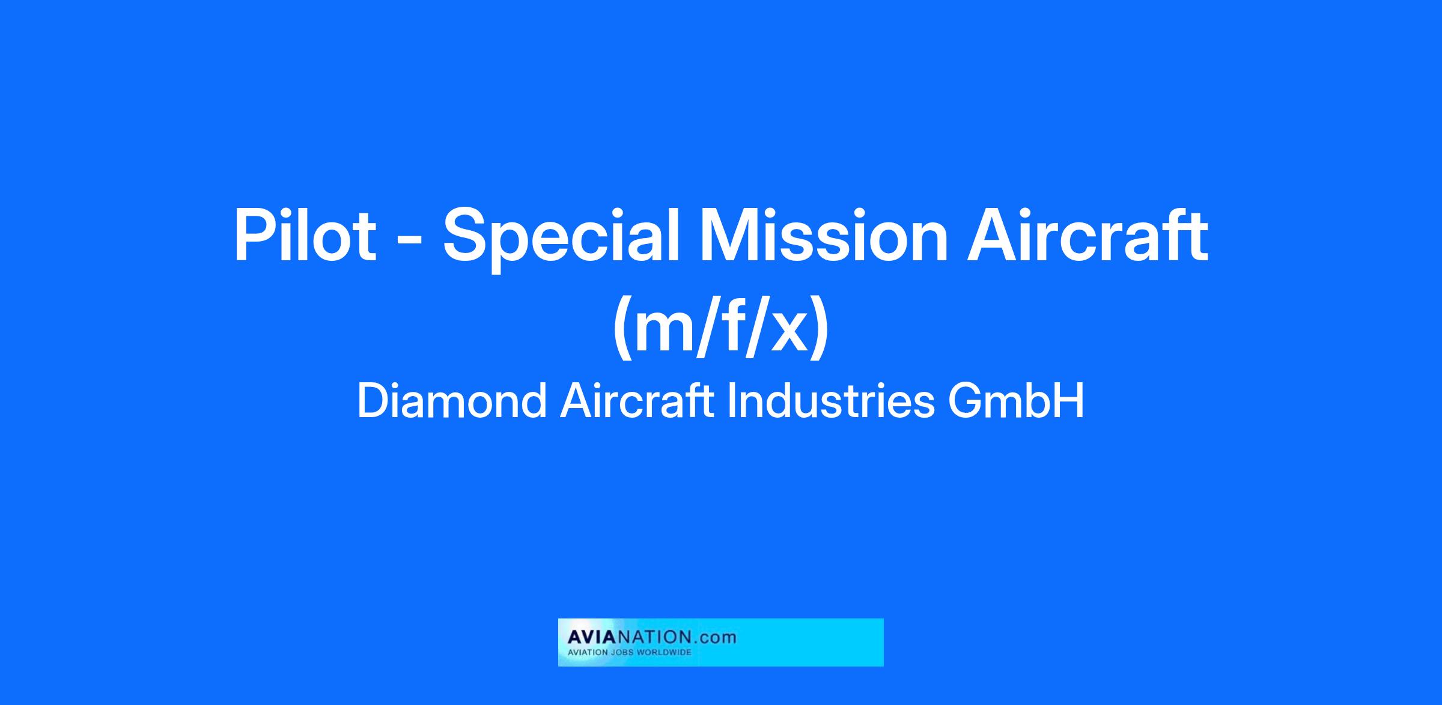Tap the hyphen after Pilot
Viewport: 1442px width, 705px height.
click(409, 240)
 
